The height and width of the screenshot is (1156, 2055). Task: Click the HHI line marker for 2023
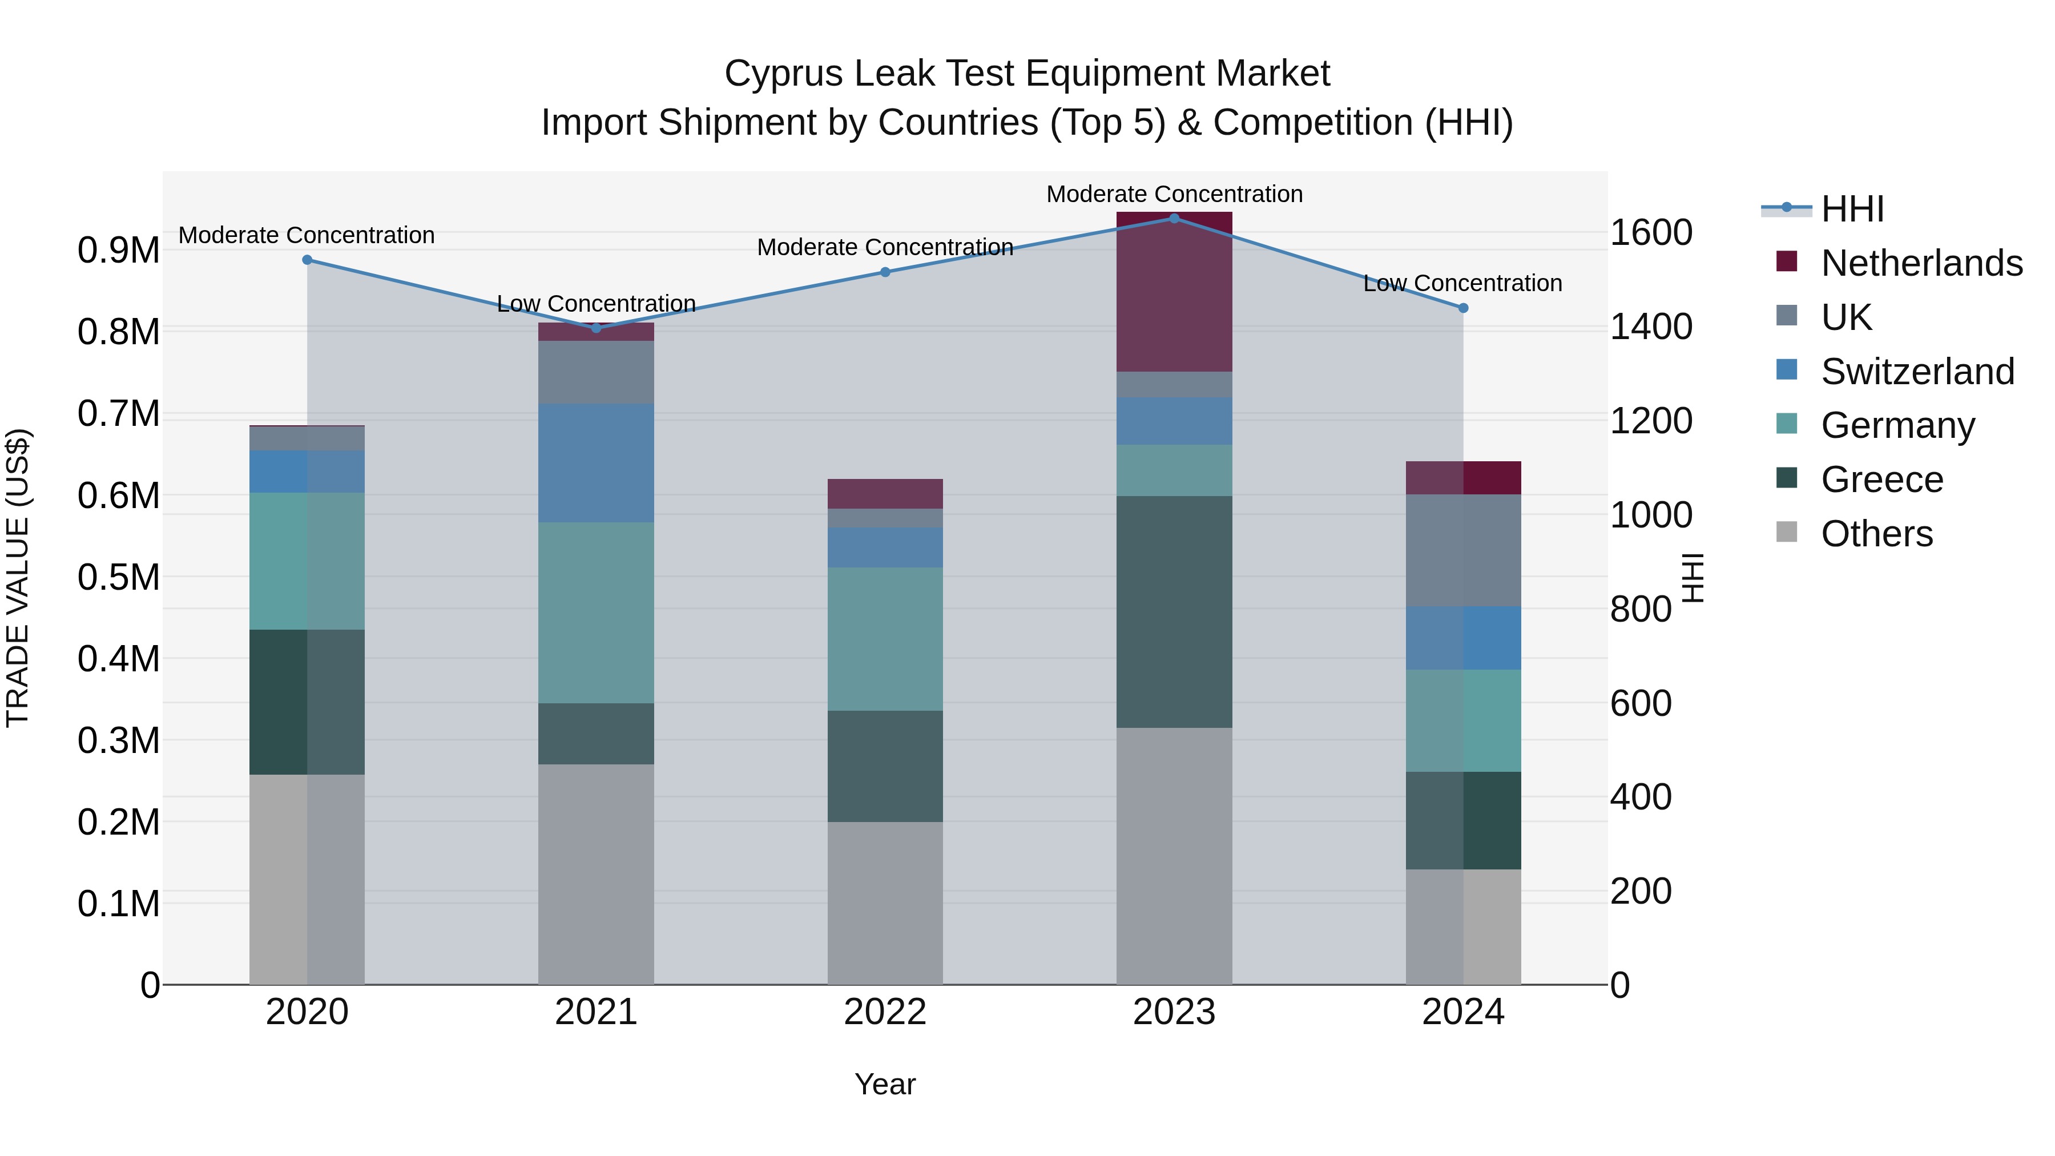tap(1174, 218)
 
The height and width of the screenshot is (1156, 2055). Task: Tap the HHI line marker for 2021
tap(596, 328)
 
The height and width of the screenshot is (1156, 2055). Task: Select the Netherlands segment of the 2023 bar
tap(1174, 292)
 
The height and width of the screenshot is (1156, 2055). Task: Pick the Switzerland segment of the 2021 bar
tap(596, 463)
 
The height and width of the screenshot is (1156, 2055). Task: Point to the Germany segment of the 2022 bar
tap(885, 638)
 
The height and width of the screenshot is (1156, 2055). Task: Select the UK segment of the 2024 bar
tap(1463, 550)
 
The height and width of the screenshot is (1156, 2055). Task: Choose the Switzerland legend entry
tap(1917, 371)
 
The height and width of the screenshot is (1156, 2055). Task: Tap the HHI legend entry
tap(1852, 209)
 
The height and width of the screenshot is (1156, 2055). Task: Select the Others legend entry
tap(1876, 533)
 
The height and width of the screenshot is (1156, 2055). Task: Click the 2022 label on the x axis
tap(885, 1012)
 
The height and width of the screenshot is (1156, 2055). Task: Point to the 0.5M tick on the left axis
tap(118, 577)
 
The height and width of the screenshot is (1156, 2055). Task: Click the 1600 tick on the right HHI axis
tap(1650, 232)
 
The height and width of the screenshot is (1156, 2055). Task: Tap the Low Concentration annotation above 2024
tap(1462, 283)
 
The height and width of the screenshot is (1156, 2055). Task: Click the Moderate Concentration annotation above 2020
tap(307, 235)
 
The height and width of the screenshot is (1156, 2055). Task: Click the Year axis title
tap(885, 1084)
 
